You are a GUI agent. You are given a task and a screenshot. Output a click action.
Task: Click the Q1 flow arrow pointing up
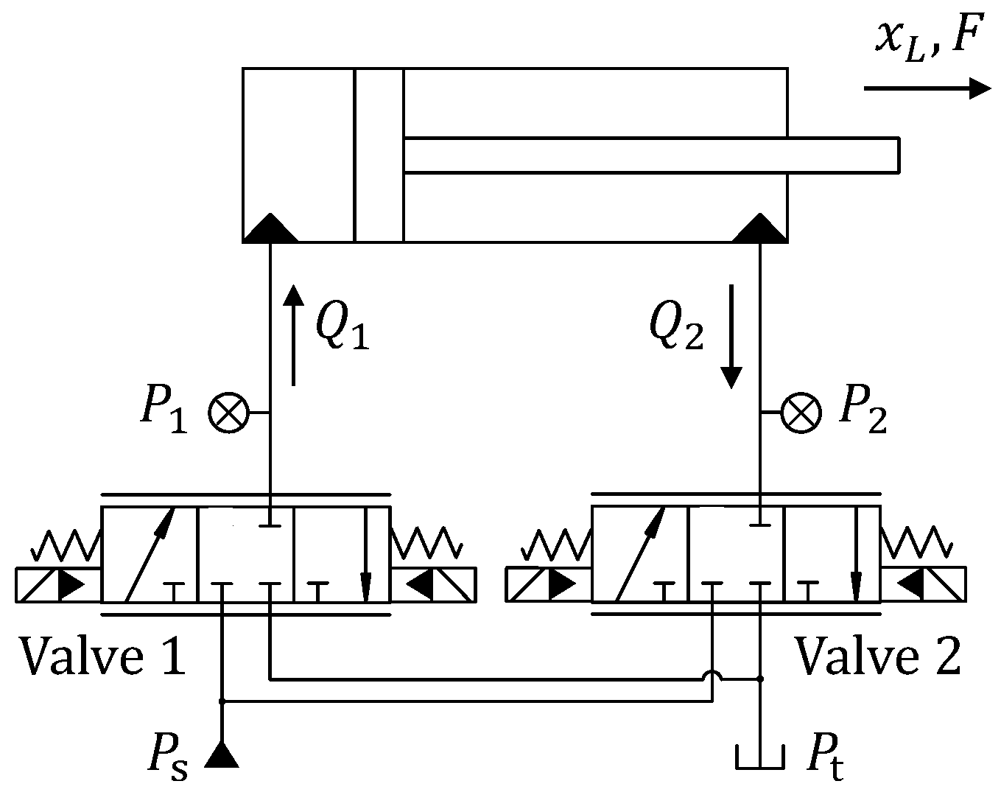[x=293, y=335]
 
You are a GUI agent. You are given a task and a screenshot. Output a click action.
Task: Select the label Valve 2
[x=877, y=656]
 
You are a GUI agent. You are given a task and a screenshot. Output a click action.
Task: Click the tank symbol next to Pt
[x=760, y=757]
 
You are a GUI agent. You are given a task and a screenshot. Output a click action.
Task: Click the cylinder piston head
[x=379, y=155]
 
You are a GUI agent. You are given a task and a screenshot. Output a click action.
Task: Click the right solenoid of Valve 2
[x=924, y=585]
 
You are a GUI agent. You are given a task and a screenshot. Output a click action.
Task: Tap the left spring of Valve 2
[x=555, y=546]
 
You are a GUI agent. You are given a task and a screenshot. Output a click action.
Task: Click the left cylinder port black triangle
[x=270, y=229]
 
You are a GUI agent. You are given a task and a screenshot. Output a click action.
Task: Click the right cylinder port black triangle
[x=760, y=229]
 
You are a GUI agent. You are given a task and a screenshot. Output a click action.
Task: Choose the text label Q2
[x=676, y=327]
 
